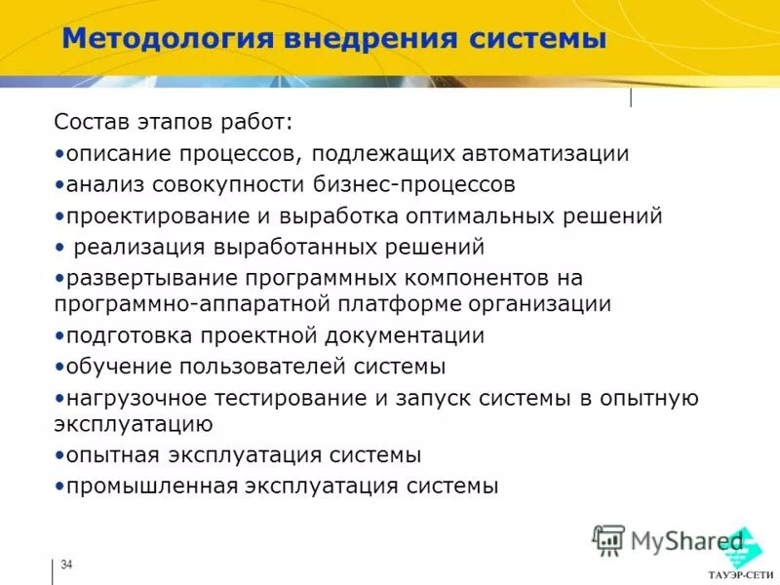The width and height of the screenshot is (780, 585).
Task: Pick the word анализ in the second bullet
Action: (x=100, y=184)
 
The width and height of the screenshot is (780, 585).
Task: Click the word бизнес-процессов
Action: (x=422, y=184)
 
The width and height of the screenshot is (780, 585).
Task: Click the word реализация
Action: (x=138, y=247)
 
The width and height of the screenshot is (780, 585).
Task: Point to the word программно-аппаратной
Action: (x=192, y=304)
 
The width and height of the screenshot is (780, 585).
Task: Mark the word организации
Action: (x=543, y=304)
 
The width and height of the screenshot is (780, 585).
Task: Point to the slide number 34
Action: (x=66, y=566)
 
